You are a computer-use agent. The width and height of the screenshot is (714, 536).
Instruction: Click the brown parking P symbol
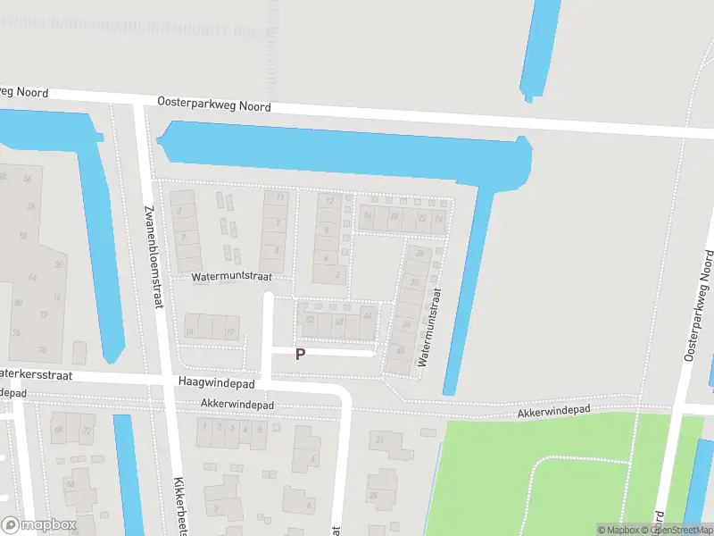(301, 354)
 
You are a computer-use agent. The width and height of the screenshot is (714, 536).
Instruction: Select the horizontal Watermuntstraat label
(231, 278)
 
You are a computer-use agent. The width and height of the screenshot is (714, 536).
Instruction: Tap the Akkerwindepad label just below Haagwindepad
(237, 405)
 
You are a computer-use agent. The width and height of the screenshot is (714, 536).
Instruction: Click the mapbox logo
(38, 525)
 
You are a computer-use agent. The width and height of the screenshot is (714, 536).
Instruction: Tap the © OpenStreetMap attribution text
(680, 530)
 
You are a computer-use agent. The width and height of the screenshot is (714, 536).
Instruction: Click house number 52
(310, 319)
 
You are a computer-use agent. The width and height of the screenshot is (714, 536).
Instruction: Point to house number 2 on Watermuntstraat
(337, 274)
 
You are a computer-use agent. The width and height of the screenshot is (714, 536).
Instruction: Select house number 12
(330, 201)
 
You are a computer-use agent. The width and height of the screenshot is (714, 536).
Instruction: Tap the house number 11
(280, 197)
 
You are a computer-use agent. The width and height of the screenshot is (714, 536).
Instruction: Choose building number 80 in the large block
(17, 303)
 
